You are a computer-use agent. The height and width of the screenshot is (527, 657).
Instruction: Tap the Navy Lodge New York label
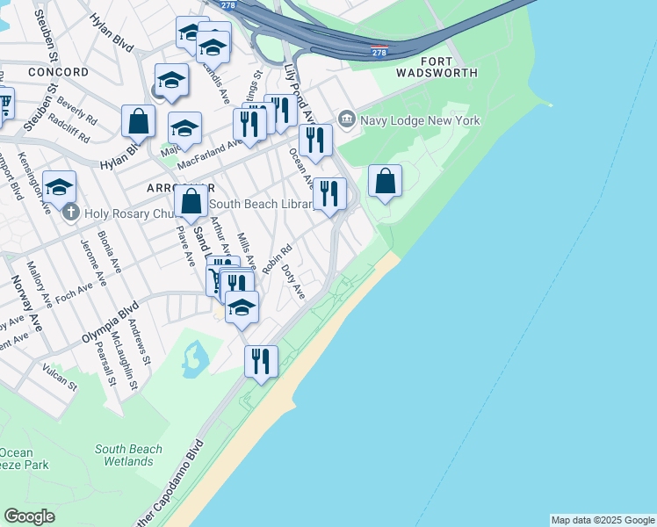tap(410, 119)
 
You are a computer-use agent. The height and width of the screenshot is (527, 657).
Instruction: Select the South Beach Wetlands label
tap(128, 455)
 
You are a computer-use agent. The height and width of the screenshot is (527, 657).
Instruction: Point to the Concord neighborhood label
tap(58, 72)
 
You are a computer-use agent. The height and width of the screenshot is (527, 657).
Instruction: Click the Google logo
tap(29, 516)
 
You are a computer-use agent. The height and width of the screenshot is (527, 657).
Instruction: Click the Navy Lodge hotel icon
tap(346, 119)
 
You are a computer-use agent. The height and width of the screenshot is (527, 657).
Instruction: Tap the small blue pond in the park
tap(195, 357)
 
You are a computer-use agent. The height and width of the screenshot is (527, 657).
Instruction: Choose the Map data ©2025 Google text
tap(603, 520)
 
